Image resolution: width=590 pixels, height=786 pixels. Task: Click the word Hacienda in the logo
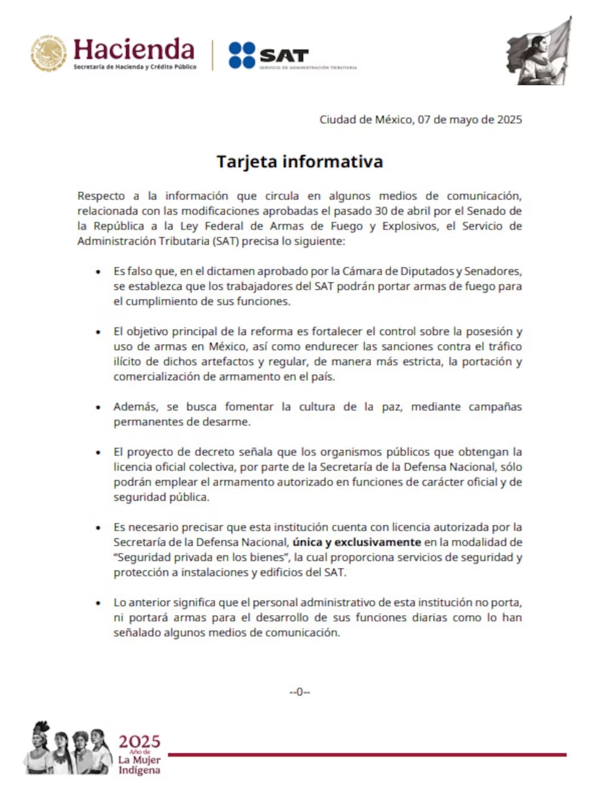pos(134,49)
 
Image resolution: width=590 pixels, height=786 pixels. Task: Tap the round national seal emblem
pos(49,53)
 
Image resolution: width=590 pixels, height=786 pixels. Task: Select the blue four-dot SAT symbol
pos(241,55)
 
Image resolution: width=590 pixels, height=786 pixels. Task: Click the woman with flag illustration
pos(539,52)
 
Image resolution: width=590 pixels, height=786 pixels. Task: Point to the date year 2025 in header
pos(509,119)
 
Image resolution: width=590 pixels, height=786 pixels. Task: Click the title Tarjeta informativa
pos(299,162)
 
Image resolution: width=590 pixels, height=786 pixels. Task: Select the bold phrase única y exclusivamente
pos(357,542)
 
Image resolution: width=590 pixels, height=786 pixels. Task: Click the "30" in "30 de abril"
pos(381,211)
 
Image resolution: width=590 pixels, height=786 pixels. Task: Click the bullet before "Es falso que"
pos(98,272)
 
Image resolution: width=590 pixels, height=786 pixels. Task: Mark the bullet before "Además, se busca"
pos(98,407)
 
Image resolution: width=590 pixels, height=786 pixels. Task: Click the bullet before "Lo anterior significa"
pos(98,602)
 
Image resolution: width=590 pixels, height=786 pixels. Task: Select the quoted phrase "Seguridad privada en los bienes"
pos(200,557)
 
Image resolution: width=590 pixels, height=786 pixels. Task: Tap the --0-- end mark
pos(300,692)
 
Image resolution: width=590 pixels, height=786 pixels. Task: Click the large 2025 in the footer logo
pos(139,741)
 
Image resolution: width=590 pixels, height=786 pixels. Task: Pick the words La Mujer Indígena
pos(139,765)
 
